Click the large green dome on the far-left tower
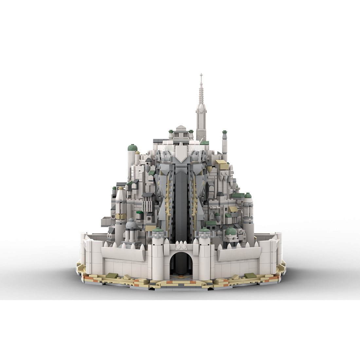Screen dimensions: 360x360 click(x=132, y=148)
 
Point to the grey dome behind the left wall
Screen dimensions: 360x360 click(x=132, y=224)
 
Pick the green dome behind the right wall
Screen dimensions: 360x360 click(x=231, y=231)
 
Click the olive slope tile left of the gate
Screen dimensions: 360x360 click(x=111, y=275)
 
